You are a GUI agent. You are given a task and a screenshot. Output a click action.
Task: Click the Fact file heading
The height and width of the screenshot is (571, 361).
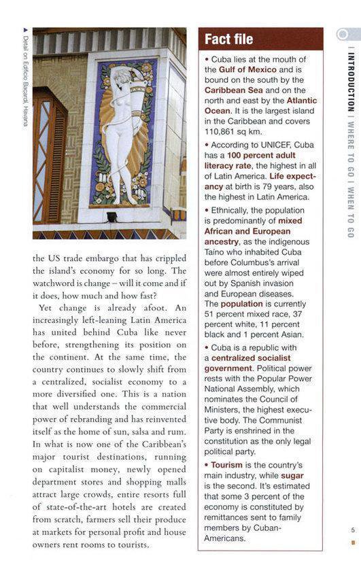point(228,39)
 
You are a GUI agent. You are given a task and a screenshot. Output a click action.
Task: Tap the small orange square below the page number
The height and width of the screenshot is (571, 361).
point(352,542)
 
